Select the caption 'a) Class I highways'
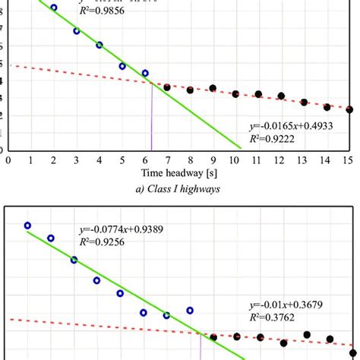(x=179, y=189)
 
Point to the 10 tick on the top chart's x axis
(x=235, y=159)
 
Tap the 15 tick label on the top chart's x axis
(x=349, y=159)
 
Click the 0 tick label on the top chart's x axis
(x=8, y=159)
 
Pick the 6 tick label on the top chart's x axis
(x=144, y=159)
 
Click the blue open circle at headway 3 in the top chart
(x=76, y=31)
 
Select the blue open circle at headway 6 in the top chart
(x=145, y=74)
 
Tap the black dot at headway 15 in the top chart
(x=349, y=109)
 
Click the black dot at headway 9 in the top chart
(x=213, y=89)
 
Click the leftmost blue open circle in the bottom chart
(x=27, y=225)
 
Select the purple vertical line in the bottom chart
(x=201, y=347)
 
